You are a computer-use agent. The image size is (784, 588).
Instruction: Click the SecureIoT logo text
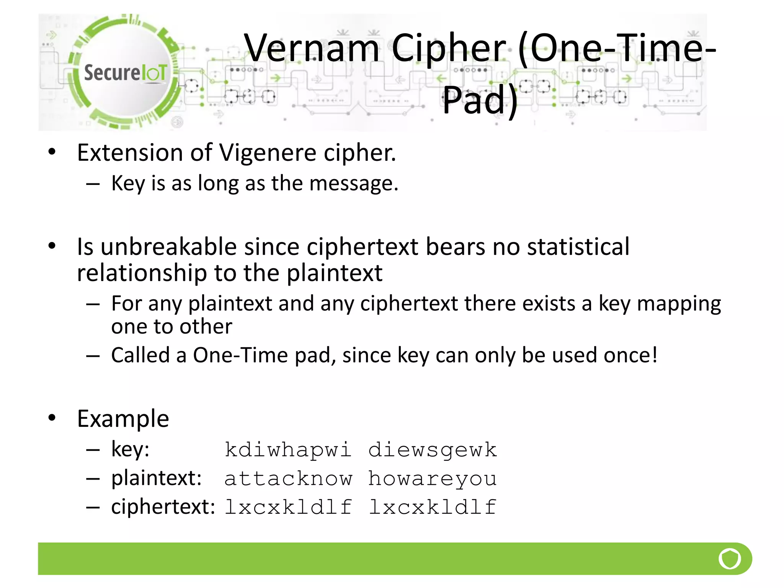126,73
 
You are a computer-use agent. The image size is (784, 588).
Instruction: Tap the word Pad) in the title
480,100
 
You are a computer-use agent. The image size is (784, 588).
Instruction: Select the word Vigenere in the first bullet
268,153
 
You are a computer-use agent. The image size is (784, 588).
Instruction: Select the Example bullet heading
123,418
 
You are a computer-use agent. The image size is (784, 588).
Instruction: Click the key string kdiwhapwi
288,450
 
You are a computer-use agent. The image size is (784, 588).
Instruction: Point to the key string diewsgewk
433,450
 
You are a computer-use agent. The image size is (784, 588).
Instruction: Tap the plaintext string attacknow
288,479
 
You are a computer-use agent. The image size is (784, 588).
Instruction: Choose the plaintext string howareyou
433,479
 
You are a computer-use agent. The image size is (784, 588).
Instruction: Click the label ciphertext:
163,507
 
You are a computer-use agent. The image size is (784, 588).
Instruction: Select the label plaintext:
156,479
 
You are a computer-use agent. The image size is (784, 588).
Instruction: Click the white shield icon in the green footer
730,559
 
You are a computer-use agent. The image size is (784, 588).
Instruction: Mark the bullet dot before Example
52,418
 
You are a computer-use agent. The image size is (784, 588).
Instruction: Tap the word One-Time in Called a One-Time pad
240,355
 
